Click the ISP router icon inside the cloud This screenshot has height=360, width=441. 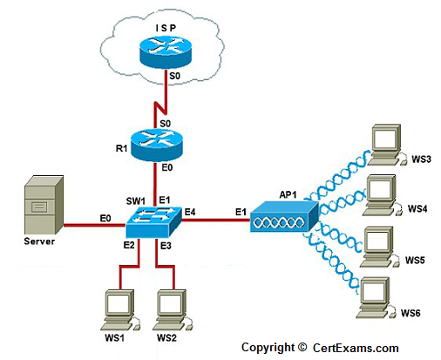click(x=166, y=52)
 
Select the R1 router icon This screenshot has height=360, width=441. click(x=156, y=145)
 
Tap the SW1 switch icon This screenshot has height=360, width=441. click(x=153, y=221)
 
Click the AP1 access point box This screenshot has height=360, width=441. click(x=284, y=216)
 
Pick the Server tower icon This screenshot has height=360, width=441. click(x=44, y=205)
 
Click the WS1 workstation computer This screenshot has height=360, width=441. click(x=119, y=309)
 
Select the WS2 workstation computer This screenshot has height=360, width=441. click(x=172, y=309)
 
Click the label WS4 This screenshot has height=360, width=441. click(x=417, y=208)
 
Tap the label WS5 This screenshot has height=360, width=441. click(x=415, y=260)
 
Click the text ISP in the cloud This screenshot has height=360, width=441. click(x=166, y=28)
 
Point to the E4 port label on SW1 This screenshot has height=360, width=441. click(x=190, y=212)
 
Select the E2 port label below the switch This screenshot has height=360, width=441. click(x=129, y=245)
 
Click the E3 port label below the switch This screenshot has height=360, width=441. click(x=166, y=246)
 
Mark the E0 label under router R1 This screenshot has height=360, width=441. click(x=167, y=167)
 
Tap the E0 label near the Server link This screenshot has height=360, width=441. click(x=105, y=218)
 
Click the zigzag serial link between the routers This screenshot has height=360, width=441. click(x=160, y=107)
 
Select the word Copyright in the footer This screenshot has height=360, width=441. click(x=268, y=348)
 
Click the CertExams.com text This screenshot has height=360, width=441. click(x=356, y=348)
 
